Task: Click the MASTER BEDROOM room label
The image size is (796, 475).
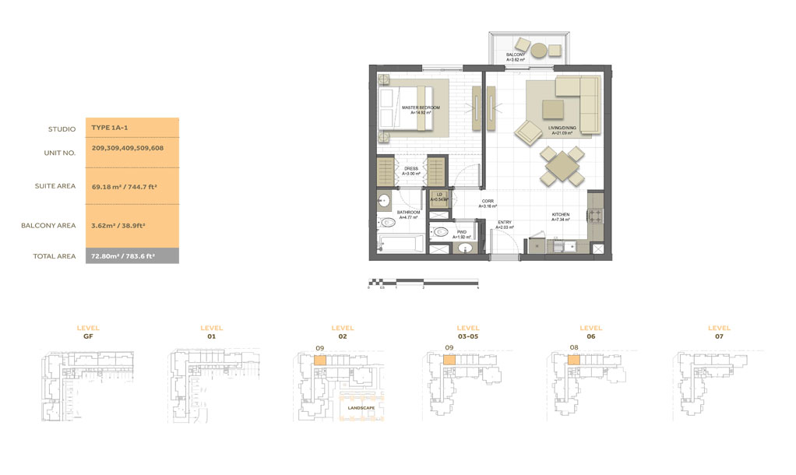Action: point(421,107)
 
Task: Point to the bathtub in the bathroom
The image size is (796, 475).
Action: point(400,245)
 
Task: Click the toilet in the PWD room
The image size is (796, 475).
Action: point(440,230)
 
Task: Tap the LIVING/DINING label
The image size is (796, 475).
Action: point(561,130)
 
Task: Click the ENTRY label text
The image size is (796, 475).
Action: point(505,223)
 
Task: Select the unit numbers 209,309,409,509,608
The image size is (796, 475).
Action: point(128,148)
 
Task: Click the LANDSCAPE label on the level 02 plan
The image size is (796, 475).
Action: point(361,408)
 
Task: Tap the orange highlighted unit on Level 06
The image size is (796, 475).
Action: point(573,361)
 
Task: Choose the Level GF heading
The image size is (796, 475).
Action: point(88,332)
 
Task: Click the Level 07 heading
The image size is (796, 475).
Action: point(719,332)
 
